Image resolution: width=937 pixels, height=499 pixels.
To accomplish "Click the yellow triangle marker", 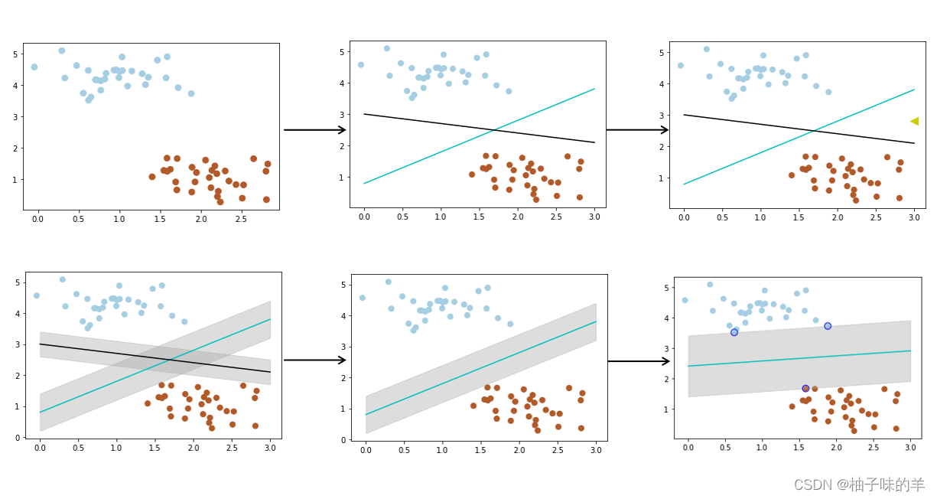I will coord(914,121).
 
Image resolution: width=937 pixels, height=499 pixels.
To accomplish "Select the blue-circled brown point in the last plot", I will coord(805,389).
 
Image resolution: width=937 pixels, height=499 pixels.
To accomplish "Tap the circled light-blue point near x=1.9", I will coord(828,326).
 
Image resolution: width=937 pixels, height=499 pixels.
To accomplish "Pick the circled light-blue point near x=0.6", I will coord(734,332).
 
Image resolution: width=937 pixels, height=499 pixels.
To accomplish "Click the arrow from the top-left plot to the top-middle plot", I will coord(314,129).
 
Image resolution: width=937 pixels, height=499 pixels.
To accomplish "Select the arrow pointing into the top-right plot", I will coord(636,129).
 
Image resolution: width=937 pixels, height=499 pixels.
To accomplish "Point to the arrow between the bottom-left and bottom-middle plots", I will coord(314,360).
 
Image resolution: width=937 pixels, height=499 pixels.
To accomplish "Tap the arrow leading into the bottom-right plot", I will coord(638,361).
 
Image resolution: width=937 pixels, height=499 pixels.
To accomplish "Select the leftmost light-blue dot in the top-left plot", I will coord(34,67).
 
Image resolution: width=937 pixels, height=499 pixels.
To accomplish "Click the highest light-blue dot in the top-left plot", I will coord(62,51).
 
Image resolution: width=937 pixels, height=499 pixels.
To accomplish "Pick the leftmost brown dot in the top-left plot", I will coord(152,177).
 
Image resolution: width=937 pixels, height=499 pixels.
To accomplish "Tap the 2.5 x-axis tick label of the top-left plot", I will coord(242,220).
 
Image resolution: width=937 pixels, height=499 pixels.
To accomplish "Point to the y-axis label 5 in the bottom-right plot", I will coord(667,288).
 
